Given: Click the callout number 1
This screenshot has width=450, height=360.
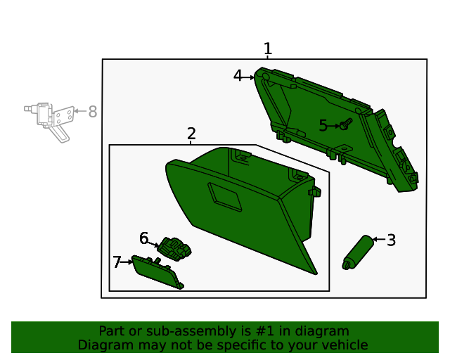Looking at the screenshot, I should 267,49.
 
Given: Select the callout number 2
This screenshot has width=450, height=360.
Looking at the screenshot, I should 191,134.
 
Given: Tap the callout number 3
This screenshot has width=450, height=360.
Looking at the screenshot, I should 392,240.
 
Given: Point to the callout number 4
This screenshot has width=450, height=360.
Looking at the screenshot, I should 238,75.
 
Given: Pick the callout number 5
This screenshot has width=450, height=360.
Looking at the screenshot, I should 323,126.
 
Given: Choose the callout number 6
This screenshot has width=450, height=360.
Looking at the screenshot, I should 144,238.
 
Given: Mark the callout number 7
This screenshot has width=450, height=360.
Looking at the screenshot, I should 117,262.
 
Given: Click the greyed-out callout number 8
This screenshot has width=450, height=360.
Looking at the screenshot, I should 92,111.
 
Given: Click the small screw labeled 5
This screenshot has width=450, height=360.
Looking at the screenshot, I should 345,125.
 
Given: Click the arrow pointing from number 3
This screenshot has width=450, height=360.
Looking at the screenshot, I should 378,240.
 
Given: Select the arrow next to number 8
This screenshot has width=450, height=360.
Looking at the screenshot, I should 79,111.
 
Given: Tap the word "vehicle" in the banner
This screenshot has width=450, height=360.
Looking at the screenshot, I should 345,345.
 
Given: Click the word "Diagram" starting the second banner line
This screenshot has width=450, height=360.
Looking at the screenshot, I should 103,345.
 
